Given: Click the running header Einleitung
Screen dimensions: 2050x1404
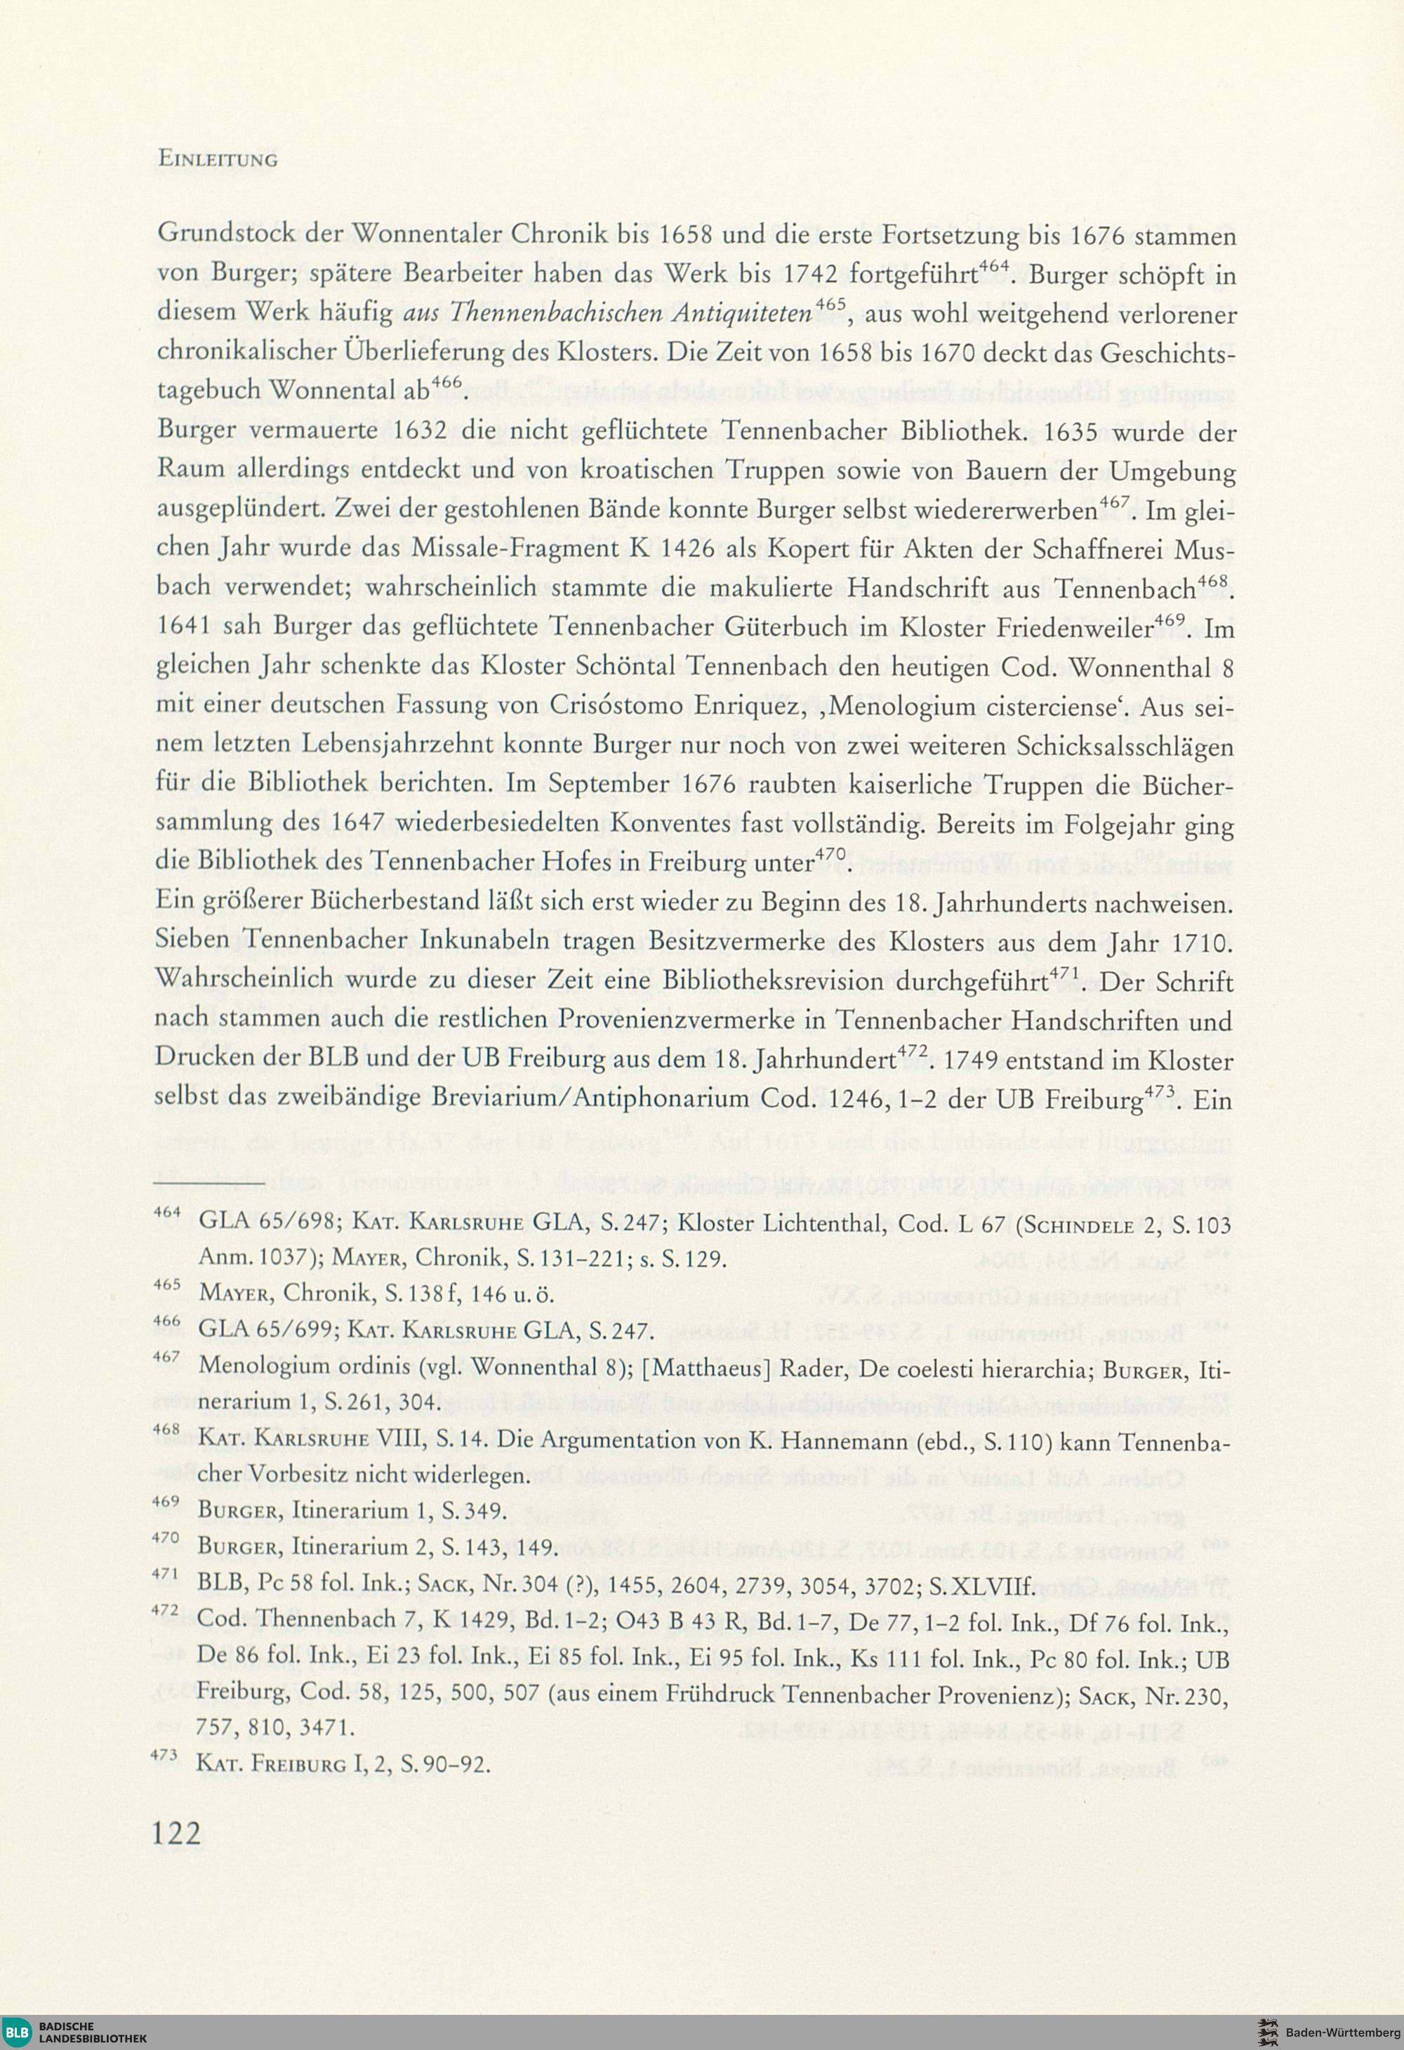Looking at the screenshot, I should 217,159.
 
